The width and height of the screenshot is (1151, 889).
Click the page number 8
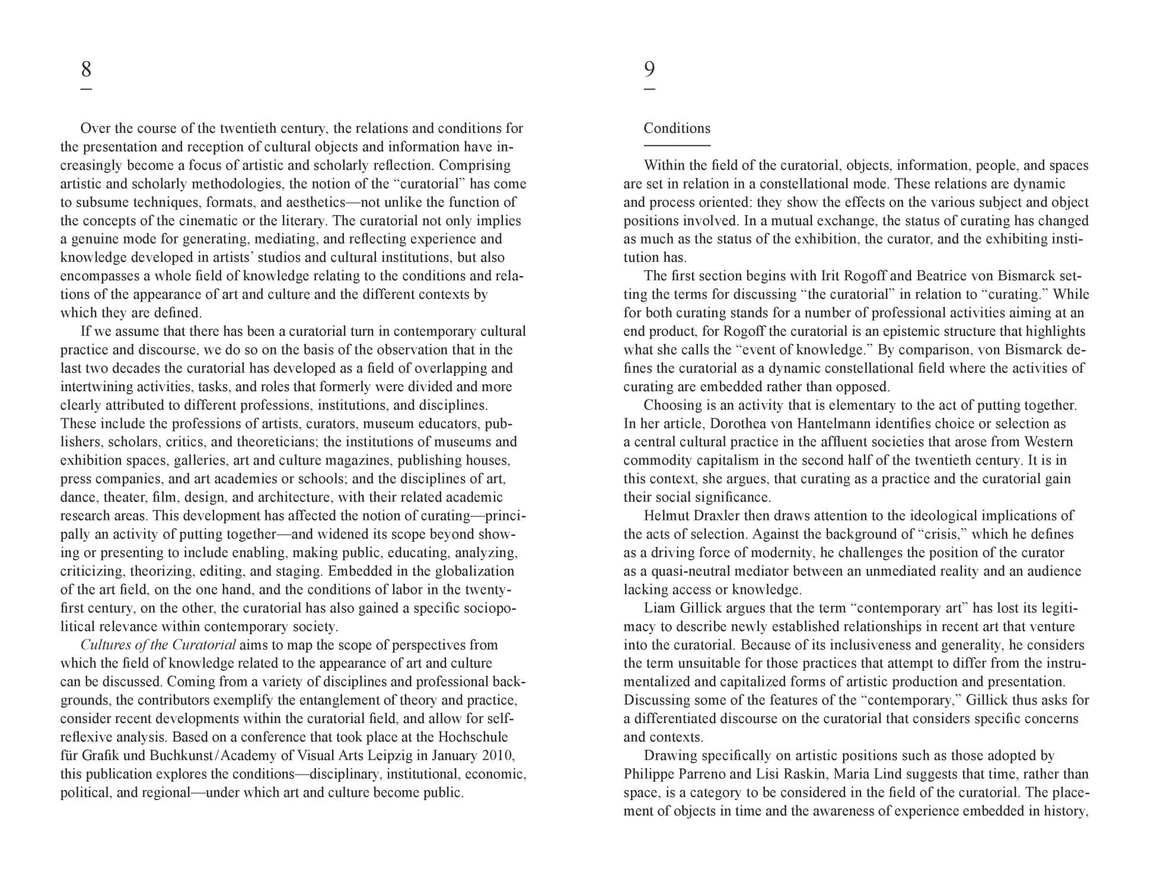point(86,69)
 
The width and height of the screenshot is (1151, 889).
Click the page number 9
point(649,69)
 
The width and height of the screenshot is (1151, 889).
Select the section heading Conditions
point(677,129)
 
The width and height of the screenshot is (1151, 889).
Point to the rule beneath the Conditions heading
point(677,145)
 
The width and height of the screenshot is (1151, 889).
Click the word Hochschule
point(473,737)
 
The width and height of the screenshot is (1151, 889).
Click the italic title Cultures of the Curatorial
point(158,645)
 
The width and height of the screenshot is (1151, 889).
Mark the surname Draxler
point(716,516)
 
